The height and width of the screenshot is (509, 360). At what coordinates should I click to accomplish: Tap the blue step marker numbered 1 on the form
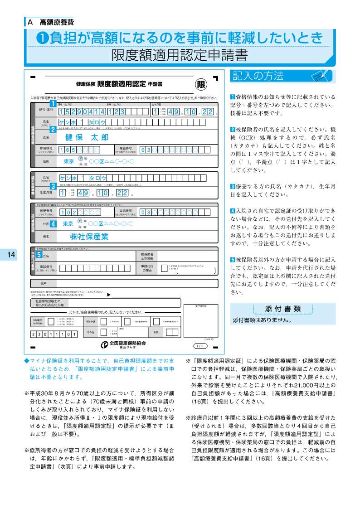click(x=53, y=104)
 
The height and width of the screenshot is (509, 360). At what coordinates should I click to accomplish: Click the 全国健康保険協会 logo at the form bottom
click(x=123, y=344)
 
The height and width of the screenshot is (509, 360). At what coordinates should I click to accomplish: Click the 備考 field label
click(x=44, y=283)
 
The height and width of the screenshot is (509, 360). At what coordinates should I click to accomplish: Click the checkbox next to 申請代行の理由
click(x=164, y=268)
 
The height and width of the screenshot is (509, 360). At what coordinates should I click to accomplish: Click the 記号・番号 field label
click(x=46, y=110)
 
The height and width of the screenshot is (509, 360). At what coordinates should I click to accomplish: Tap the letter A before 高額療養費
click(x=30, y=21)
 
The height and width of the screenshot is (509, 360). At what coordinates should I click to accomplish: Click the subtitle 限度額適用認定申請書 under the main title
click(x=180, y=55)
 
